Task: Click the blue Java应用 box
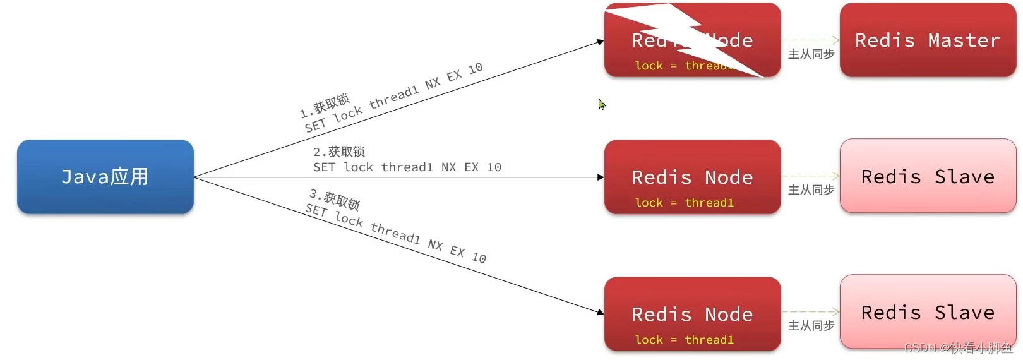coord(105,177)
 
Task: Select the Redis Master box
coord(928,40)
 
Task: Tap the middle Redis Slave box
coord(928,176)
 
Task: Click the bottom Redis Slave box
coord(928,312)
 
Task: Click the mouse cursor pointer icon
coord(602,104)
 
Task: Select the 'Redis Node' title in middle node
coord(692,177)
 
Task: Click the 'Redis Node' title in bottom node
coord(692,315)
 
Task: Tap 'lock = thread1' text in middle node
coord(685,203)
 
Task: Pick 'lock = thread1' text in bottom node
coord(685,340)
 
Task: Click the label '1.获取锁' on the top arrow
coord(325,106)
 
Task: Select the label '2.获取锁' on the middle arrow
coord(339,152)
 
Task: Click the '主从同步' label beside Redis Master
coord(811,54)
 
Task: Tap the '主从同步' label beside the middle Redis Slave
coord(811,190)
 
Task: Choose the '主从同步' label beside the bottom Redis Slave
coord(811,326)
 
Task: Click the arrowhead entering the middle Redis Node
coord(601,177)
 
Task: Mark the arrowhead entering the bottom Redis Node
coord(601,312)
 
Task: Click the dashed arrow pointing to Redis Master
coord(811,40)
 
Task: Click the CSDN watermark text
coord(958,348)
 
